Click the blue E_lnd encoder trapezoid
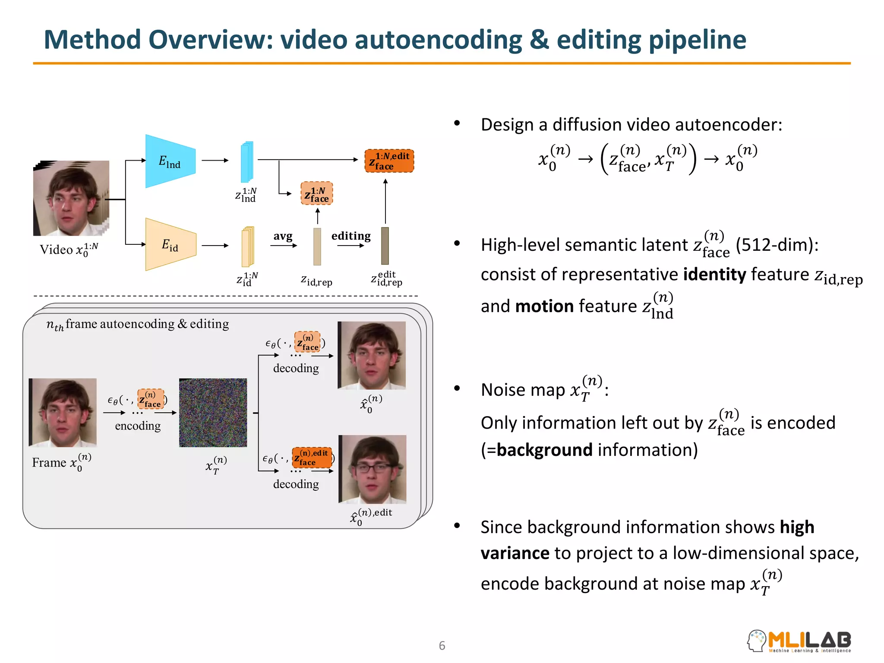(x=170, y=161)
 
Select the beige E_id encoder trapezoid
(x=170, y=245)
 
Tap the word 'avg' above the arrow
(x=283, y=236)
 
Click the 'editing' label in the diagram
(x=351, y=236)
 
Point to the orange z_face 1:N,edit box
(x=389, y=161)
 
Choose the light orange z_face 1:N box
(x=316, y=193)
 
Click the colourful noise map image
(x=213, y=412)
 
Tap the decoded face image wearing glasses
(x=372, y=469)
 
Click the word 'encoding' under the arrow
(x=138, y=426)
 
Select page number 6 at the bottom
(x=442, y=646)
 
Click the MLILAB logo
(x=799, y=641)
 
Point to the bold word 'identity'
(x=714, y=275)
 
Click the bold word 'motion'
(x=544, y=306)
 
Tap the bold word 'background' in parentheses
(x=544, y=450)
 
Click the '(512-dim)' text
(x=777, y=245)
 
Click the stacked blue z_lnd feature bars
(x=247, y=162)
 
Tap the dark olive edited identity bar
(x=385, y=246)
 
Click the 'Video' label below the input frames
(x=56, y=249)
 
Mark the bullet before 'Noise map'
(x=457, y=388)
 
